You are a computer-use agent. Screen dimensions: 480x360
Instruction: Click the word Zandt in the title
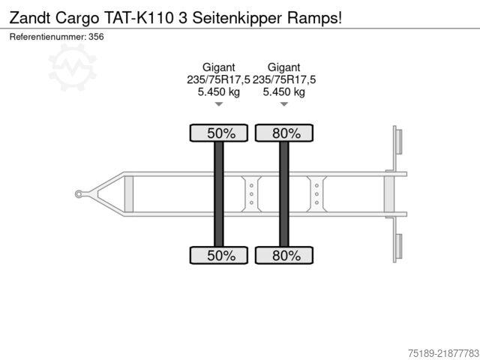pos(30,18)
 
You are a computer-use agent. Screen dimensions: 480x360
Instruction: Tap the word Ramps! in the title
pos(314,18)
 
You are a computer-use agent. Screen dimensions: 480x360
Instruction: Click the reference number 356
pos(96,37)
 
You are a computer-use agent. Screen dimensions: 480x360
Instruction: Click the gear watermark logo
pos(73,67)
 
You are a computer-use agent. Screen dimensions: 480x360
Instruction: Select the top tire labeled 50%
pos(218,133)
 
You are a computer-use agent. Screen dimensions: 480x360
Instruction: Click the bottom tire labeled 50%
pos(218,255)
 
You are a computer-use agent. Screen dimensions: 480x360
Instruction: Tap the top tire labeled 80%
pos(284,133)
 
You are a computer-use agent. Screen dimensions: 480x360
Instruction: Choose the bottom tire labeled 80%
pos(284,255)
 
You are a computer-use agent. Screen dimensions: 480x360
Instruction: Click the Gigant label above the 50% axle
pos(218,67)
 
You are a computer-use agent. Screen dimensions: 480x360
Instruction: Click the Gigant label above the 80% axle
pos(283,67)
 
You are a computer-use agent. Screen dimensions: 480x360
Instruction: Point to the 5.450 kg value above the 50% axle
pos(218,91)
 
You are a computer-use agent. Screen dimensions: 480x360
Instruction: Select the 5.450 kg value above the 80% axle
pos(283,91)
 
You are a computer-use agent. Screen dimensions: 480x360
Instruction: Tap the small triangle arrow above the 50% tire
pos(218,104)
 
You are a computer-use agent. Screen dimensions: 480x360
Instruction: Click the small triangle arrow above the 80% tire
pos(284,104)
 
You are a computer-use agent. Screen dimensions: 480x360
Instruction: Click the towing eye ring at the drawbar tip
pos(79,193)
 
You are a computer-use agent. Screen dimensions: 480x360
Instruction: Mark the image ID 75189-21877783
pos(443,353)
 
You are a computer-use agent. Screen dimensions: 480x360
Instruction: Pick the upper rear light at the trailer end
pos(399,141)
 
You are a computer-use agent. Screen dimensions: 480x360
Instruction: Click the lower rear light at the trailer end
pos(399,247)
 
